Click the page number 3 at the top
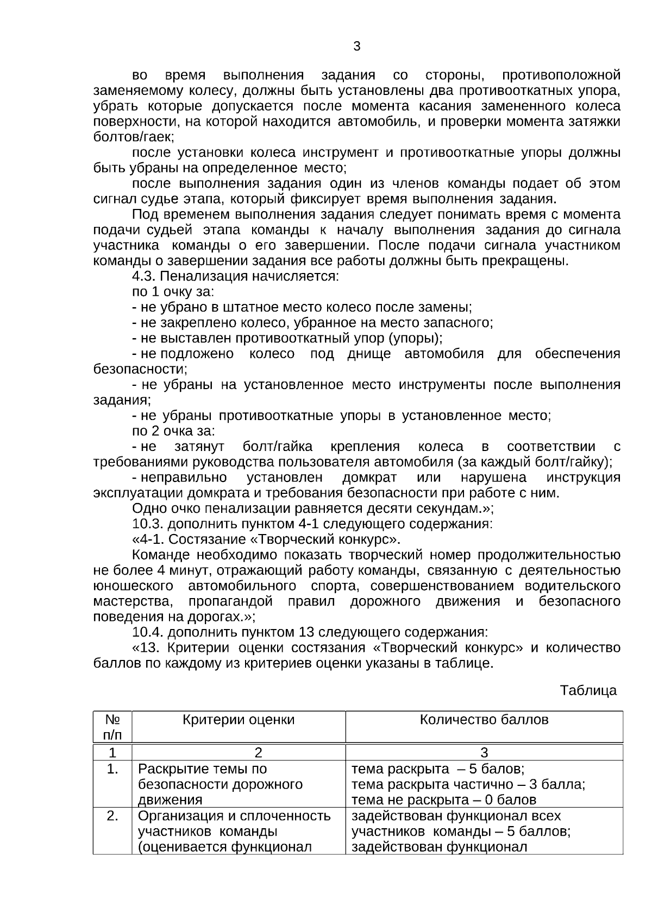click(x=356, y=47)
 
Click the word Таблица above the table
click(x=588, y=690)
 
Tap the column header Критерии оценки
click(x=239, y=720)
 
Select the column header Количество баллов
click(x=484, y=720)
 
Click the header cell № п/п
click(x=112, y=727)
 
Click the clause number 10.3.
click(x=148, y=524)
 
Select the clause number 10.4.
click(x=148, y=632)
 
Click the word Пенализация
click(x=204, y=276)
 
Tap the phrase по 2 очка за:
click(x=174, y=431)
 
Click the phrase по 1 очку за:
click(x=173, y=292)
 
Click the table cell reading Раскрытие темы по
click(x=202, y=769)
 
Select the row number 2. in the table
click(x=112, y=816)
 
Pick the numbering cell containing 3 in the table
click(x=484, y=753)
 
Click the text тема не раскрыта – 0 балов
click(x=443, y=800)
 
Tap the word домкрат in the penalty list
click(x=369, y=478)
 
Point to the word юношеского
click(x=133, y=586)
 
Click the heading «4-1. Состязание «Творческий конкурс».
click(x=266, y=539)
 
